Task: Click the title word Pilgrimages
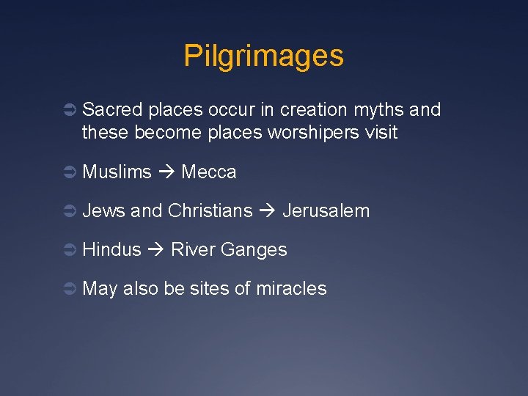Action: click(263, 56)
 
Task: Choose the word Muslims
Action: click(117, 172)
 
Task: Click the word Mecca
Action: click(209, 172)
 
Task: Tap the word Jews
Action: click(104, 211)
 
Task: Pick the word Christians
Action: click(210, 211)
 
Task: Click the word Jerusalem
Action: click(326, 211)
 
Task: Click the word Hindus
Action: click(111, 250)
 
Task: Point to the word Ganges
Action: click(254, 250)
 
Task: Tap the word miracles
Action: click(291, 289)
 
